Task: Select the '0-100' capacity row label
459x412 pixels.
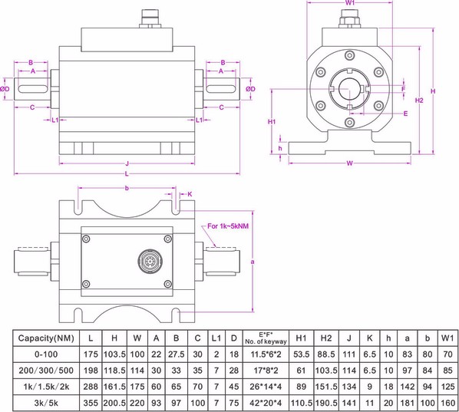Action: (x=46, y=355)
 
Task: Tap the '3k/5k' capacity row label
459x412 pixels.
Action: (x=46, y=401)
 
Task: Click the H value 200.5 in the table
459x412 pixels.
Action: (x=116, y=401)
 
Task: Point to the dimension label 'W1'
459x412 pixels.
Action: (x=350, y=5)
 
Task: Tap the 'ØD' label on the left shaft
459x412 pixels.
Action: (x=6, y=89)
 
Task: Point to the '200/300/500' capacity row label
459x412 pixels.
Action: (x=46, y=371)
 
